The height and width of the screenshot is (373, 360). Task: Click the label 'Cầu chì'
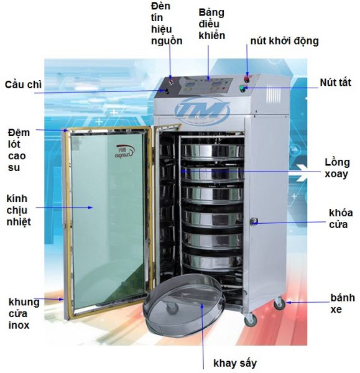(23, 85)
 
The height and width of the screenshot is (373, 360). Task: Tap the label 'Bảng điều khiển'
(211, 24)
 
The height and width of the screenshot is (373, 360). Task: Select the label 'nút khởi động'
(285, 41)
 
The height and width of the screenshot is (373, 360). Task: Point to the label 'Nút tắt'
(336, 83)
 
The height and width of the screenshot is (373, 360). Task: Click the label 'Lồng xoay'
(337, 168)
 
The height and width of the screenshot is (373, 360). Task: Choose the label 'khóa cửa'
(341, 219)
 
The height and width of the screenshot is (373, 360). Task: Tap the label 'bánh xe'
(343, 303)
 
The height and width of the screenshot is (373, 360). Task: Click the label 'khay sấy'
(235, 363)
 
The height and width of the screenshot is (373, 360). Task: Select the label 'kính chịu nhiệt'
(19, 210)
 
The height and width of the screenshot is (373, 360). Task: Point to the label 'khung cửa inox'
(24, 313)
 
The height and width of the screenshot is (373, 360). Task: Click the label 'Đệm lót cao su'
(19, 150)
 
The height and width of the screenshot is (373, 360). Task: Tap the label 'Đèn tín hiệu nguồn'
(167, 24)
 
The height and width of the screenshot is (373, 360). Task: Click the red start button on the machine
(247, 78)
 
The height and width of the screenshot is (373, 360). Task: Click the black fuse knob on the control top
(166, 91)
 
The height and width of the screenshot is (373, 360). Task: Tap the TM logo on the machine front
(202, 109)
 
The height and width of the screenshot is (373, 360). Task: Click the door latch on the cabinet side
(254, 221)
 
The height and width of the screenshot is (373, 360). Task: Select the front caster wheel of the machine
(251, 320)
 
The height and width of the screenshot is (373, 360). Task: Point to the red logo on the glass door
(125, 151)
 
